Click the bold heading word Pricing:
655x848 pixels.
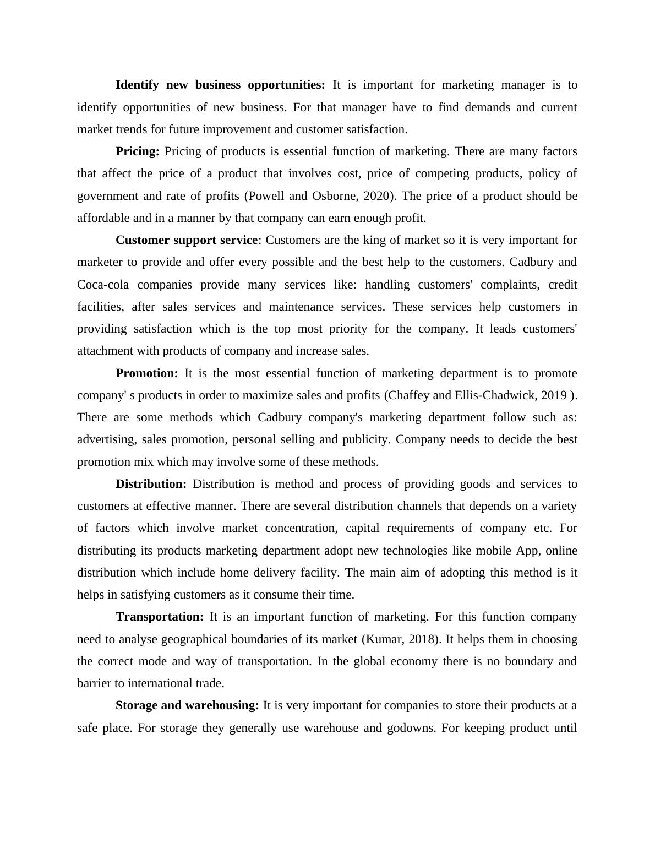(x=137, y=151)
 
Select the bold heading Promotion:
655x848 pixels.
(x=146, y=373)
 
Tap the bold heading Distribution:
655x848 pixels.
(x=151, y=484)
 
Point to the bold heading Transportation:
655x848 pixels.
(x=159, y=617)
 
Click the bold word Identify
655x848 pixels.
(x=137, y=85)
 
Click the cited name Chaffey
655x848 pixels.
(x=409, y=395)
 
